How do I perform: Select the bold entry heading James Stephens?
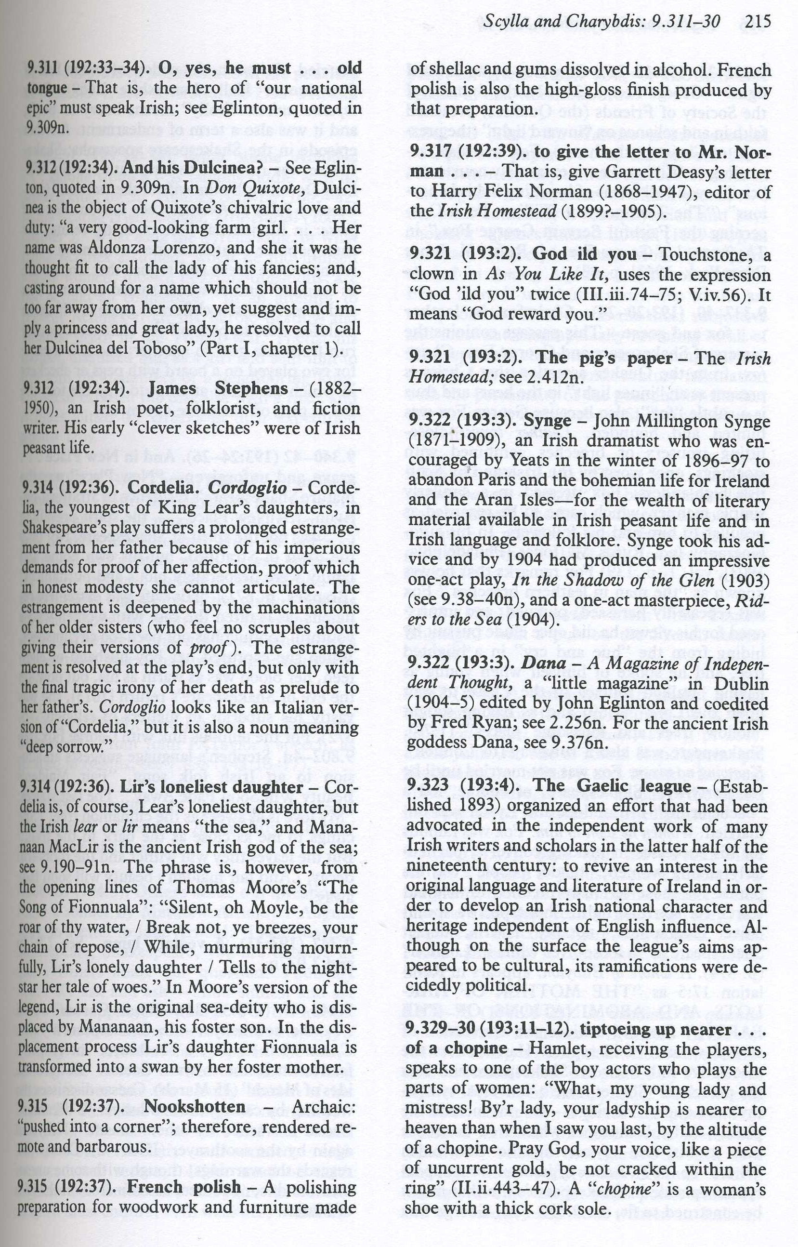pyautogui.click(x=218, y=388)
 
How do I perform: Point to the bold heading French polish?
pyautogui.click(x=183, y=1185)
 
